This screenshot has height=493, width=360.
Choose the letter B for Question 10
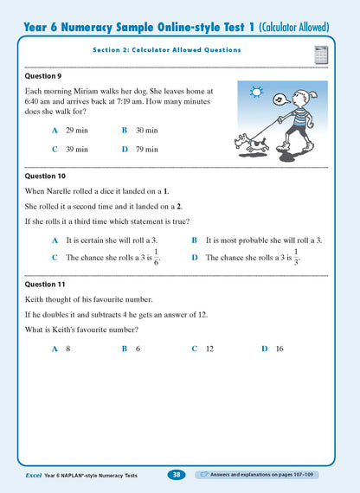click(x=195, y=240)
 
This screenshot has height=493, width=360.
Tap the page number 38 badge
click(x=177, y=475)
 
